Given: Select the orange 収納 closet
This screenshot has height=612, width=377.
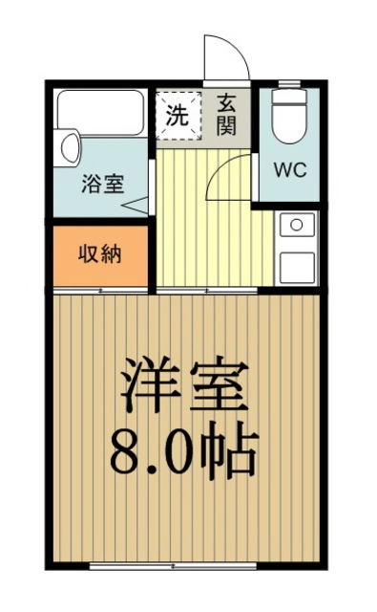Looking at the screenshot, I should click(x=99, y=255).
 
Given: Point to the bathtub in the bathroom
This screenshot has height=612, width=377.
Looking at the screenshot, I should click(x=99, y=112).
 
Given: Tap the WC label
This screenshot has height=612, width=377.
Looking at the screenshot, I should click(x=289, y=171).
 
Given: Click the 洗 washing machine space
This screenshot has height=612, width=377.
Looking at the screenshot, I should click(x=178, y=115).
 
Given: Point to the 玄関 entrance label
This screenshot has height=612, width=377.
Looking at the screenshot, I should click(x=226, y=113).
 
